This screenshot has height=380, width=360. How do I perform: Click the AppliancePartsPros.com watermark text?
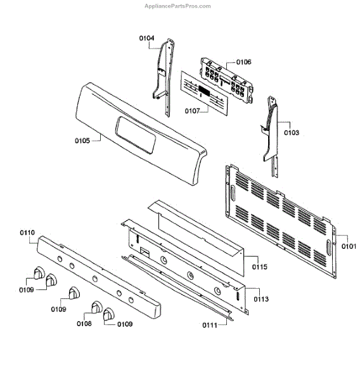click(x=178, y=6)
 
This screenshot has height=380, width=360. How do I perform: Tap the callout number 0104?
click(x=146, y=38)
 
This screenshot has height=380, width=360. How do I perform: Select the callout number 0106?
click(x=244, y=62)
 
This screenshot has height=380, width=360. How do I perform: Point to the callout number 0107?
click(x=193, y=111)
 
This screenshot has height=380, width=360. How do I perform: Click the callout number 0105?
click(x=82, y=141)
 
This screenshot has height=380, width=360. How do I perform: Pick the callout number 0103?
click(x=292, y=132)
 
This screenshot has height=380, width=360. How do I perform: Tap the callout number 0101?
click(x=349, y=246)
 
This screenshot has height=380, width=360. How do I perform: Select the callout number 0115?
click(x=260, y=267)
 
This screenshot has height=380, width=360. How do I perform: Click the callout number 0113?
click(x=261, y=299)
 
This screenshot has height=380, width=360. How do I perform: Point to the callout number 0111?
click(x=210, y=325)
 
